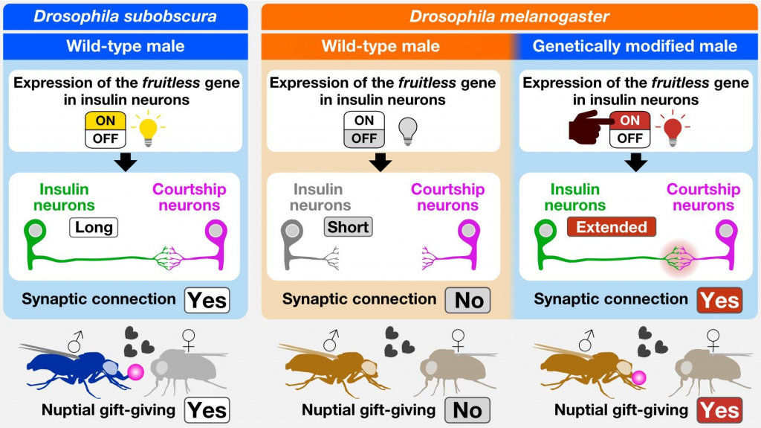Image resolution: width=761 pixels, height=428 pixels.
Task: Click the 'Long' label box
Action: [94, 227]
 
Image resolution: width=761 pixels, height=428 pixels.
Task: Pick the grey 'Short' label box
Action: [348, 227]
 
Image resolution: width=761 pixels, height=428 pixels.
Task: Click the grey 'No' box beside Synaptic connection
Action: [469, 299]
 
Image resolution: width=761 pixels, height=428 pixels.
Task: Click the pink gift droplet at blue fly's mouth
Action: [136, 371]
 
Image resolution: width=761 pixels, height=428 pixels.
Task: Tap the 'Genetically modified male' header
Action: [635, 46]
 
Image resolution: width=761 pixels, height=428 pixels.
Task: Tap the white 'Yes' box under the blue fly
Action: [207, 410]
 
